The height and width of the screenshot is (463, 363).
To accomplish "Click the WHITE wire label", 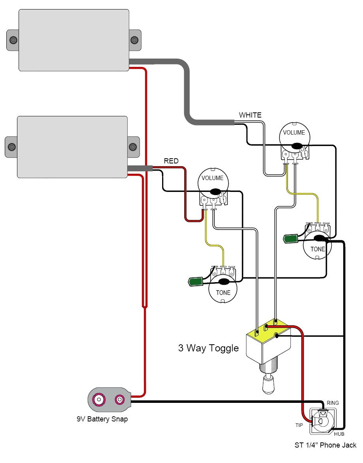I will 250,115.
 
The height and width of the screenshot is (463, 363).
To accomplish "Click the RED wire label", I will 171,161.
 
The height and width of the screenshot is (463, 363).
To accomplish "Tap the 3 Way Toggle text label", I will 208,348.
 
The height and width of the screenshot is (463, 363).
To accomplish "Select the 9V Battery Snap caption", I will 102,419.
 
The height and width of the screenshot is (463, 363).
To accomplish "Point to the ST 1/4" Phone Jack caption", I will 325,445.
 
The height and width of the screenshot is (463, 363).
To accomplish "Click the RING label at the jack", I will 333,403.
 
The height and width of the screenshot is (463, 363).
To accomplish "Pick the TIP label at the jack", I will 299,425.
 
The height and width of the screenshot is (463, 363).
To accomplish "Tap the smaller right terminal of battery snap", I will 119,400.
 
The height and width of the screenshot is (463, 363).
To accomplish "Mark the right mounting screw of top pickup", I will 134,40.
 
